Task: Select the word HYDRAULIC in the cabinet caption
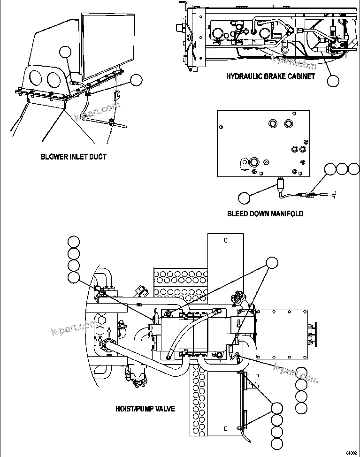(x=245, y=76)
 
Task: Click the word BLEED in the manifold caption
(x=237, y=213)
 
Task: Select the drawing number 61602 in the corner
(x=352, y=453)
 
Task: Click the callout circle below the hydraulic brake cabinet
(x=333, y=81)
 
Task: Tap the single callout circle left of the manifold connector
(x=244, y=198)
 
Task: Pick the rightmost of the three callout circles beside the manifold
(x=353, y=168)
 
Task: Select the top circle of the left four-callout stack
(x=73, y=242)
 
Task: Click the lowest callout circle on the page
(x=277, y=443)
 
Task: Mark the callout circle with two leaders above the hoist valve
(x=272, y=263)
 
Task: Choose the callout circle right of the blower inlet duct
(x=136, y=80)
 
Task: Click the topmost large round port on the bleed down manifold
(x=273, y=123)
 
